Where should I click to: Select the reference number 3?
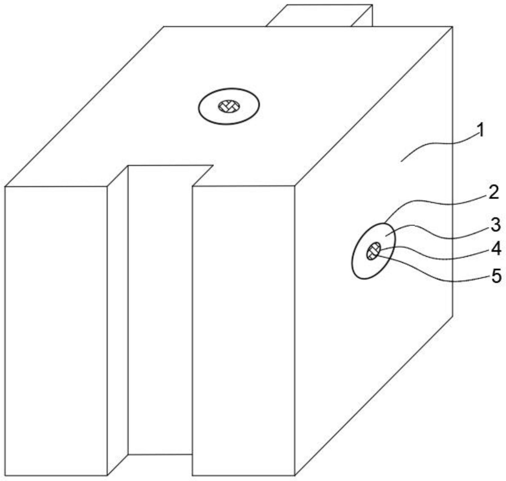[495, 225]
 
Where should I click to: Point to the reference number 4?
[496, 249]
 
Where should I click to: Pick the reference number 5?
[496, 276]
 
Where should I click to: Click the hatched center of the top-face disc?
[229, 106]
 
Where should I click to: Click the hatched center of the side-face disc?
[374, 251]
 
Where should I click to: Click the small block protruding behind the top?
[319, 15]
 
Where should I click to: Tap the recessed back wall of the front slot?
[160, 310]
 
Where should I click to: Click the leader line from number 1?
[439, 145]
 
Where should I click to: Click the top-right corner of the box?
[452, 27]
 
